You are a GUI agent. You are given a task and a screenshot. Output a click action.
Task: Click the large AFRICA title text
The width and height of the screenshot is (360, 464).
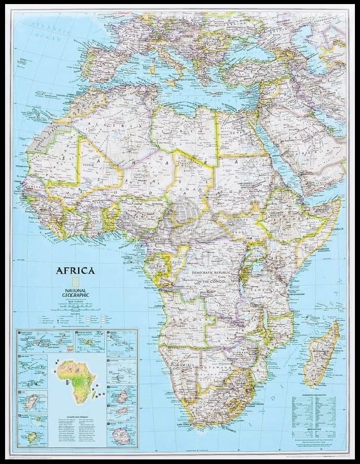[75, 270]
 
